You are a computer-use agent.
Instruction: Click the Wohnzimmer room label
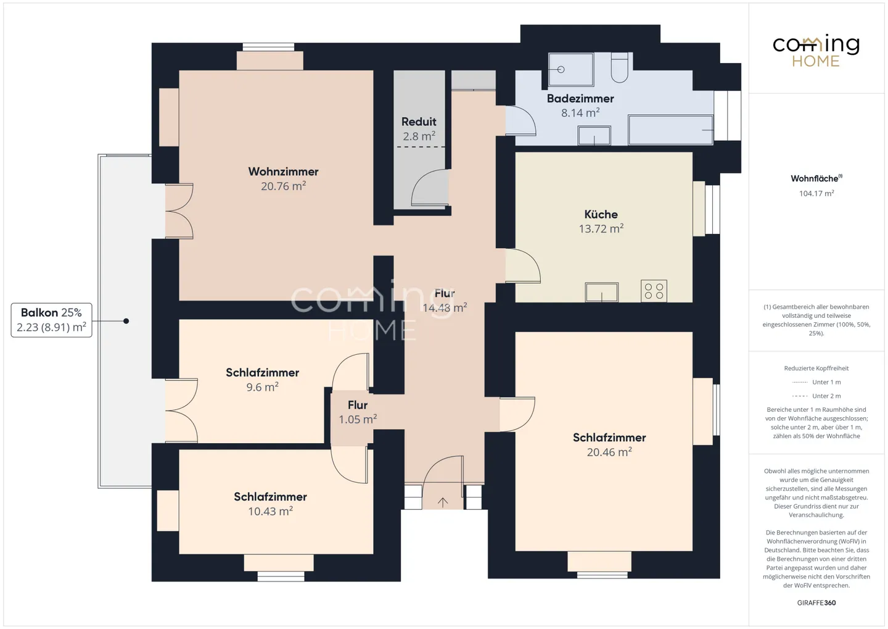[283, 172]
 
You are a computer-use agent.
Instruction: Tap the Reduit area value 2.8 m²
[419, 136]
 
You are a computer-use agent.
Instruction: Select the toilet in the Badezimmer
[619, 67]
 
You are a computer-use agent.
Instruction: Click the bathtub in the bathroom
[670, 130]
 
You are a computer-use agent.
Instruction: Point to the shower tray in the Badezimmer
[571, 70]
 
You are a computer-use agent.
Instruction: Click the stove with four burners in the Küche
[654, 291]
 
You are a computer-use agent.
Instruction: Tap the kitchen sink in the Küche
[601, 292]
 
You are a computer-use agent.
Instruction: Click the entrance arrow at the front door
[442, 502]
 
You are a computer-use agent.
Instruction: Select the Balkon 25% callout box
[51, 320]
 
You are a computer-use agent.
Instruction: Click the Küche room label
[601, 214]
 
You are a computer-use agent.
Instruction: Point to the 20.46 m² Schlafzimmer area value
[609, 452]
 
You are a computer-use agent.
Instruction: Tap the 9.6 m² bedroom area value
[263, 387]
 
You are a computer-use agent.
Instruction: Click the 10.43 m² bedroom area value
[270, 511]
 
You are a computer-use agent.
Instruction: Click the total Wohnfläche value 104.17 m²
[816, 193]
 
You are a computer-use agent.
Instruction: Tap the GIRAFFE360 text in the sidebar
[816, 603]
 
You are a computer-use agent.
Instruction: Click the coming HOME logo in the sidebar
[816, 51]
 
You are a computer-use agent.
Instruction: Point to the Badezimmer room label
[580, 98]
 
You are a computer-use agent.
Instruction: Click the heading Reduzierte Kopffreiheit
[816, 369]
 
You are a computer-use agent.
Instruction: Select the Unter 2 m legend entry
[816, 396]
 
